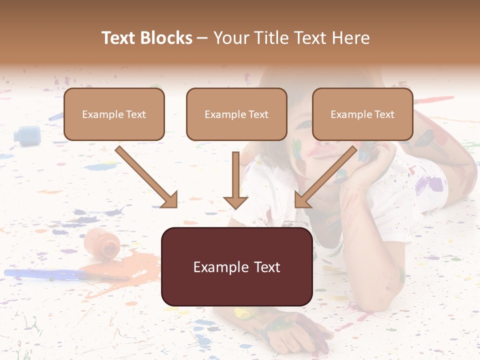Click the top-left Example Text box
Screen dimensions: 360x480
[x=114, y=114]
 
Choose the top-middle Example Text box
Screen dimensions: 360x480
[x=236, y=114]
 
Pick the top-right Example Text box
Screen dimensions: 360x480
[x=362, y=114]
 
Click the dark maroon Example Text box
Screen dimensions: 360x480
[x=236, y=267]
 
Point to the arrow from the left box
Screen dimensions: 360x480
[x=146, y=177]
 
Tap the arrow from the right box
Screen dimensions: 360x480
[x=325, y=177]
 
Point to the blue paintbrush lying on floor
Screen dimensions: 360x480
[x=45, y=273]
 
